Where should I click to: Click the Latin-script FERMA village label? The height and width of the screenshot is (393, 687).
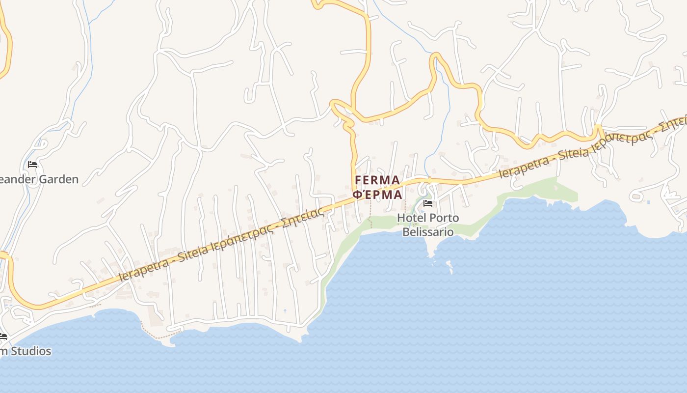point(377,180)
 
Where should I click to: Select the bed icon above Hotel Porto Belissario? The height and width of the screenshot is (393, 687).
point(428,203)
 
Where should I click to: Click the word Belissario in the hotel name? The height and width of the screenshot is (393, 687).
point(428,231)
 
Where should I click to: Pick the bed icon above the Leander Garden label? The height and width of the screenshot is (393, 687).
point(32,165)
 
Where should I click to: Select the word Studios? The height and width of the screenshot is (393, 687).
point(31,351)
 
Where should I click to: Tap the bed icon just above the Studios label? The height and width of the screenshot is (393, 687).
point(3,337)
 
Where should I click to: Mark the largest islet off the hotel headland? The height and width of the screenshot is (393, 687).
point(449,265)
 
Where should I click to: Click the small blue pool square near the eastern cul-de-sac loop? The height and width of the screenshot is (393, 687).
point(649,202)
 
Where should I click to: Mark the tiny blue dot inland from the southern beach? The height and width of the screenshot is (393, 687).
point(285,310)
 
